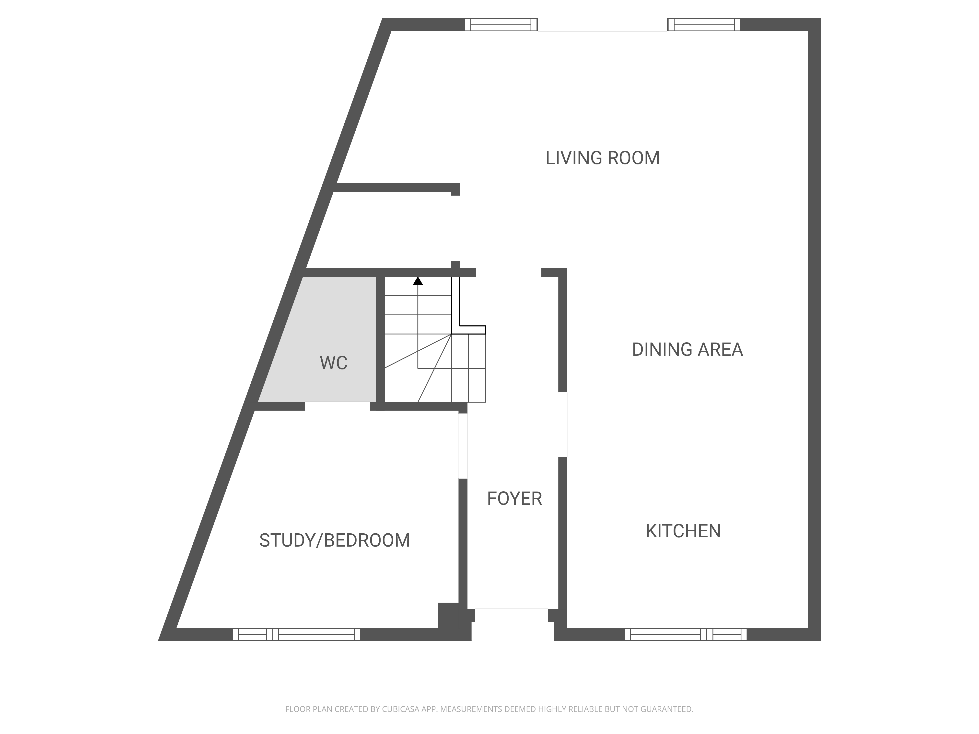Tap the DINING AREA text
[x=687, y=350]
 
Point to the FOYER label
[x=514, y=499]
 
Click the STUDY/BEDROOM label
[x=335, y=540]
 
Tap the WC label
[x=333, y=363]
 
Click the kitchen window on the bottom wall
[x=686, y=634]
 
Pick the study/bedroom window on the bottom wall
[x=297, y=634]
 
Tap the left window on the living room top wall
[x=501, y=25]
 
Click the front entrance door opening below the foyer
[x=512, y=615]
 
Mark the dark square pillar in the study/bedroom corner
[x=448, y=615]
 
